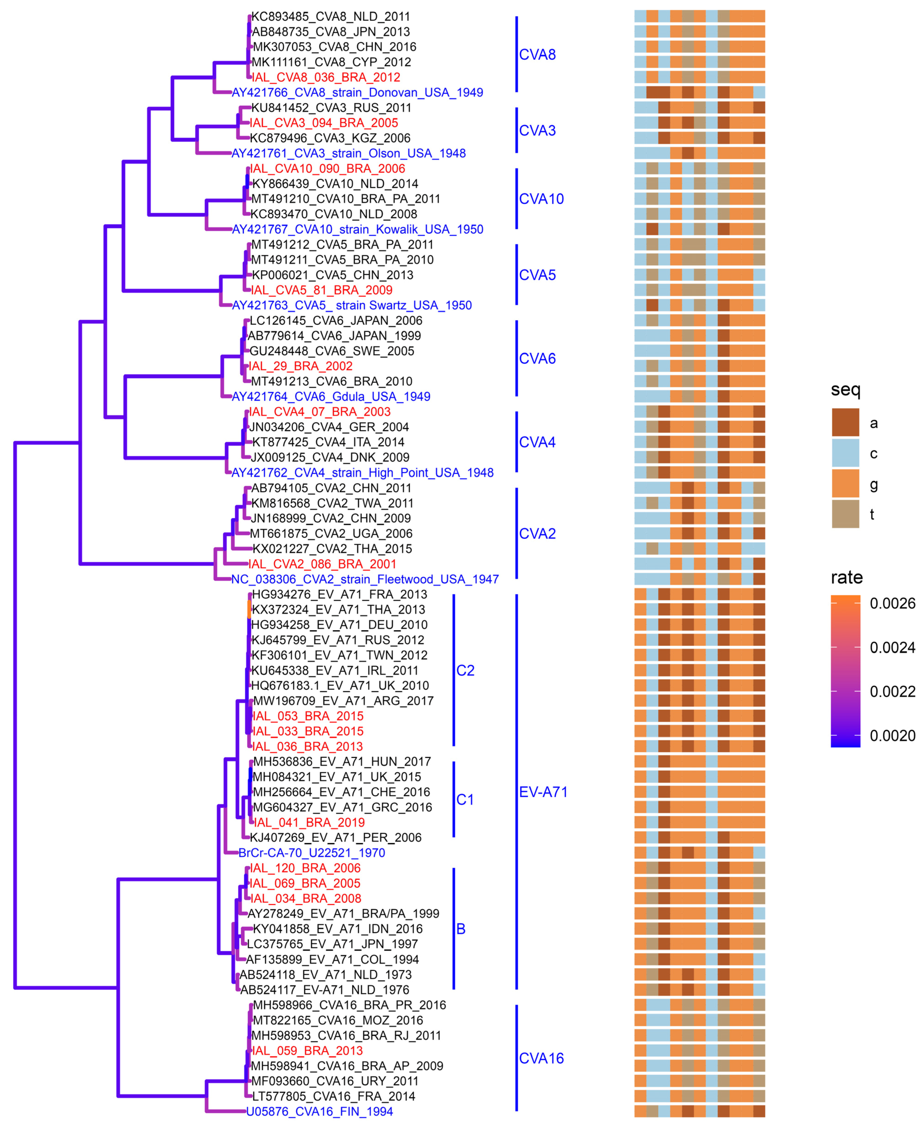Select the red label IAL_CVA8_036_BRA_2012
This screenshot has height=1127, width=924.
(326, 77)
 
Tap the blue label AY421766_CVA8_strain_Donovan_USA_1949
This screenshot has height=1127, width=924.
(357, 93)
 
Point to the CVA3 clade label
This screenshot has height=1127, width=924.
(537, 130)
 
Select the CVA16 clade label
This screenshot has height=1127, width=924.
(541, 1058)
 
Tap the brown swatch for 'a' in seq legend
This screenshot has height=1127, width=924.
(845, 423)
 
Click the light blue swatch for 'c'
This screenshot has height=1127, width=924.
(845, 453)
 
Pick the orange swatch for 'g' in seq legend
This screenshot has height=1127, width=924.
(845, 484)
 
